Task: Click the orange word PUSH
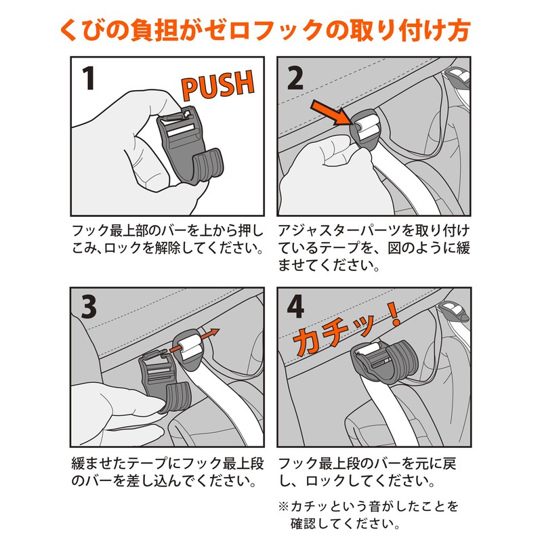point(217,85)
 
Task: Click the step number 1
point(89,78)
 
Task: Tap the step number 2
point(295,78)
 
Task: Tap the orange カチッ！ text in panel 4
point(346,330)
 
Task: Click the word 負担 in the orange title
point(155,30)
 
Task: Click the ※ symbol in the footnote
point(283,506)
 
